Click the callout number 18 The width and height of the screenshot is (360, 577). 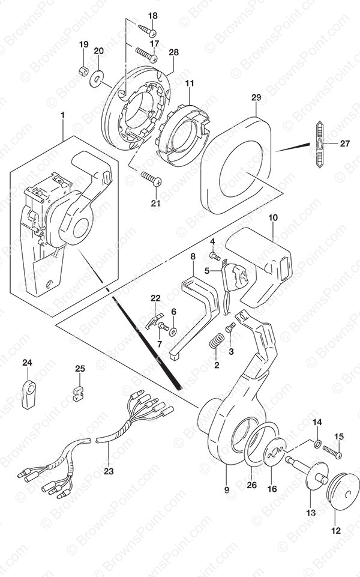(153, 16)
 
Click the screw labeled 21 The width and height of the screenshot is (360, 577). (148, 176)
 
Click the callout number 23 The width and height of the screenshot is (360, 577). (108, 471)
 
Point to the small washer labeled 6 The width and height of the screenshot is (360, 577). (173, 330)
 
